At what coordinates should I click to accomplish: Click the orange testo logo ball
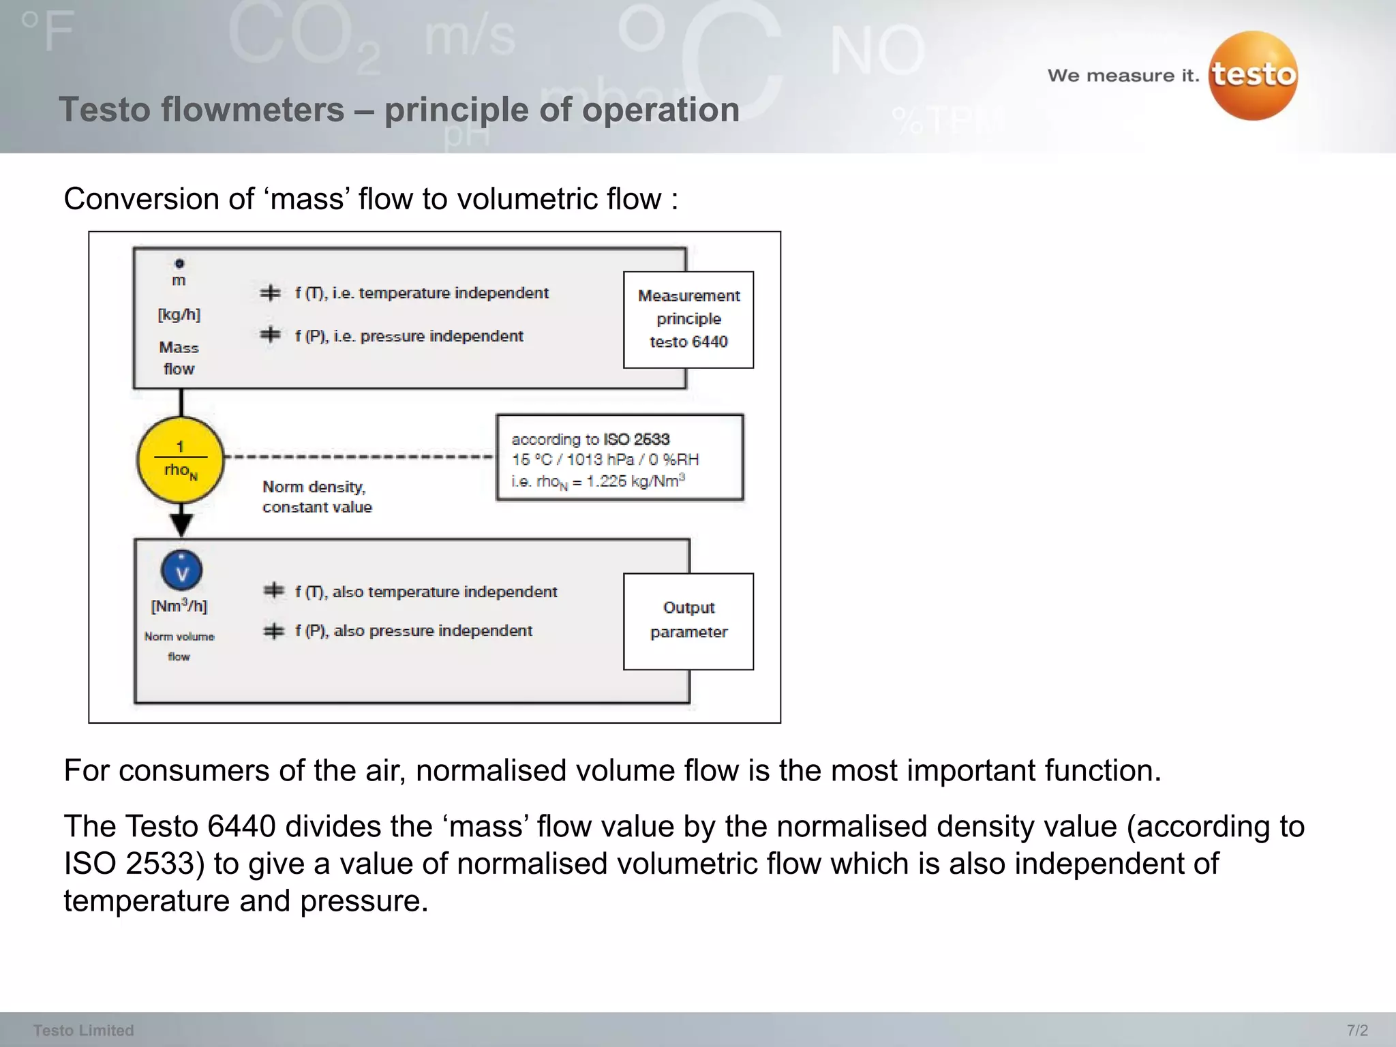click(x=1253, y=76)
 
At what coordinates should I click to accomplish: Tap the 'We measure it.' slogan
click(x=1123, y=76)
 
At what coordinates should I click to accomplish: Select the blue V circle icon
click(x=181, y=571)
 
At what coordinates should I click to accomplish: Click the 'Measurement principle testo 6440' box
click(x=688, y=319)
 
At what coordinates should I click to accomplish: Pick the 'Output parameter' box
click(x=688, y=621)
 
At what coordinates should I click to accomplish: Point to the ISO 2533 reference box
click(x=619, y=458)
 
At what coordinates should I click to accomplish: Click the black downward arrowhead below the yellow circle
click(x=181, y=524)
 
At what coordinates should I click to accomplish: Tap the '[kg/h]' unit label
click(x=179, y=314)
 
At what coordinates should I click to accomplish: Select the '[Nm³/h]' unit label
click(x=179, y=606)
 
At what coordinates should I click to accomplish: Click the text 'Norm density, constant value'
click(x=317, y=497)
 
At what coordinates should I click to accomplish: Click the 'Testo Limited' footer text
click(x=83, y=1030)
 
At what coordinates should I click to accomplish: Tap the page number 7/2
click(x=1356, y=1030)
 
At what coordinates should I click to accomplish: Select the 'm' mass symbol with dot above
click(x=179, y=275)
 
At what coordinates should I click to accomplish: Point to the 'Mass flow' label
click(x=179, y=358)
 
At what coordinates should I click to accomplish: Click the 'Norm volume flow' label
click(x=179, y=646)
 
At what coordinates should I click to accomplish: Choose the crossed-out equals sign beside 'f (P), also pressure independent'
click(x=273, y=631)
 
